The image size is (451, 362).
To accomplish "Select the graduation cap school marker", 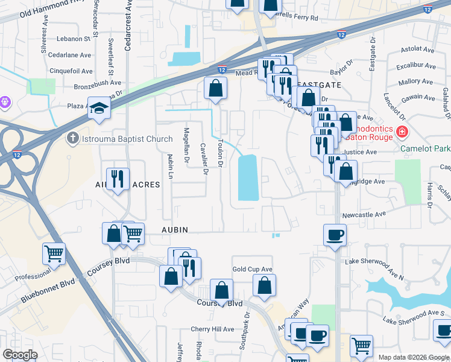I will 99,109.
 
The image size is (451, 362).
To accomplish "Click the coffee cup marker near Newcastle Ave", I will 335,235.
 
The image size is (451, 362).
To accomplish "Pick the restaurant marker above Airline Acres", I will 118,179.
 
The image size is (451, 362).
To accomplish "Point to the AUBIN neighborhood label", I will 175,230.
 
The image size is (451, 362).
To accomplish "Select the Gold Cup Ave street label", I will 253,269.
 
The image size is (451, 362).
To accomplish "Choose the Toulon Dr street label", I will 221,153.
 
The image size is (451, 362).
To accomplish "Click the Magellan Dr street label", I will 187,145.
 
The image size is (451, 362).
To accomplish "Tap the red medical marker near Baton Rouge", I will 401,131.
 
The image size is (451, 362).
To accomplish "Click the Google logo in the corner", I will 20,355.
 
